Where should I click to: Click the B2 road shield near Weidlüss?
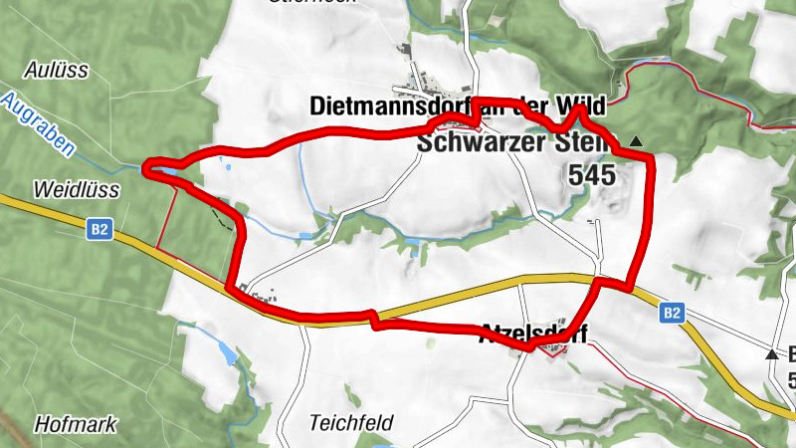pos(99,230)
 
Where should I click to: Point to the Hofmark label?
pos(75,424)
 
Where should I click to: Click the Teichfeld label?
pos(351,421)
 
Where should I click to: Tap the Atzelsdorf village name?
pos(533,332)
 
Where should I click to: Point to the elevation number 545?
pos(592,175)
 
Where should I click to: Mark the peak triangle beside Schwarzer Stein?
pos(636,141)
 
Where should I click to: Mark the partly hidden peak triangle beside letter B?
pos(771,353)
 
